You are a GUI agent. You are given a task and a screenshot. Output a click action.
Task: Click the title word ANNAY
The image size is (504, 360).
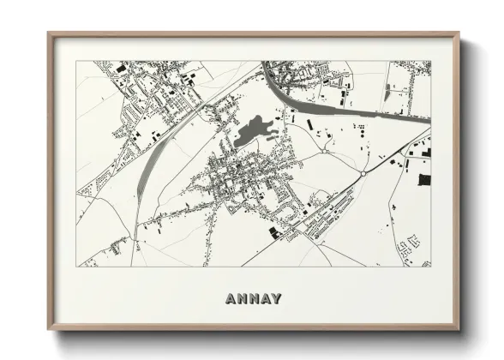253,299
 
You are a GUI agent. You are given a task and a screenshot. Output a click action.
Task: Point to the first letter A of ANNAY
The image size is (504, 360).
231,299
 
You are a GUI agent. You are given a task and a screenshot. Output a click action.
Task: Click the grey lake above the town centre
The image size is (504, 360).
251,131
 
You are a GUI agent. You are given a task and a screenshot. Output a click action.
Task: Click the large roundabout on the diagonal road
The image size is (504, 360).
363,172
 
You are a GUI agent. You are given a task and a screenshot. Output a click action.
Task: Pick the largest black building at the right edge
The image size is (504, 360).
424,179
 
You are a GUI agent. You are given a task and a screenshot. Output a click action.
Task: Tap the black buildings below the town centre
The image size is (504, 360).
273,231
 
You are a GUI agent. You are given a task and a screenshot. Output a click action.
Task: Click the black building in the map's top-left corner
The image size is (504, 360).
121,66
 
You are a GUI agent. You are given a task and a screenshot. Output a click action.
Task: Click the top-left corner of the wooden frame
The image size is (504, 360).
49,34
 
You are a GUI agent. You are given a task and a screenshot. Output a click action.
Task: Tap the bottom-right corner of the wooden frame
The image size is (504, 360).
459,329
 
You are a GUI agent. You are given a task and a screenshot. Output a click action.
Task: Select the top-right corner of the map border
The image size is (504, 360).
431,61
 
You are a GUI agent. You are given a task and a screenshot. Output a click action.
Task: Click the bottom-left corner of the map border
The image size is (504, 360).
76,267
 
